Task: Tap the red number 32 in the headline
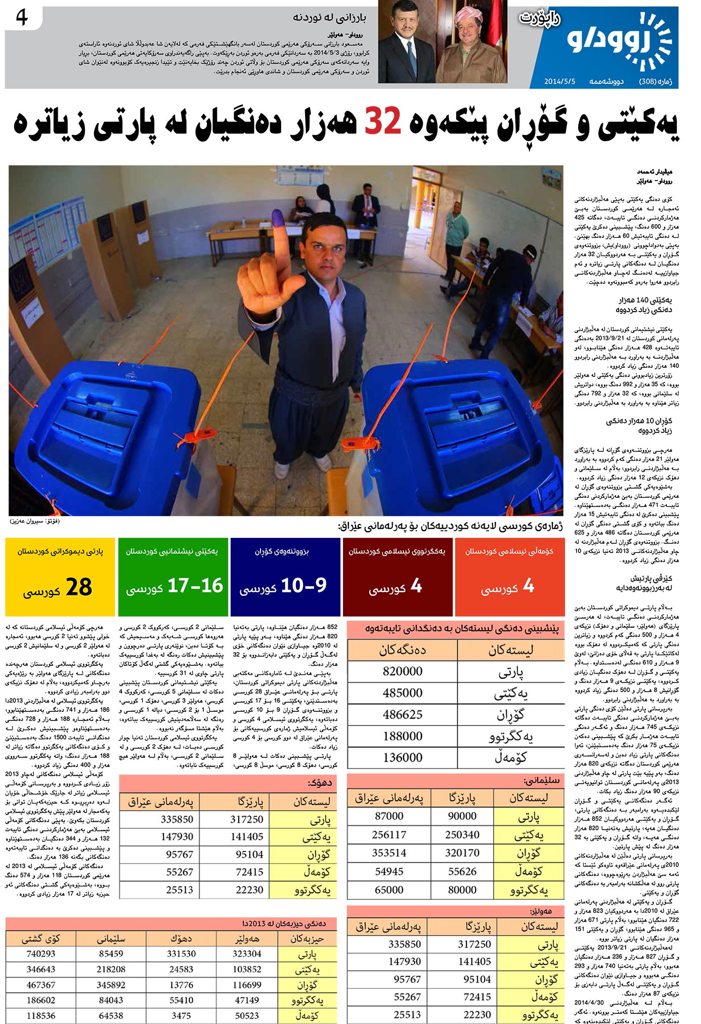point(383,122)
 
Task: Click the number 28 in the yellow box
point(79,587)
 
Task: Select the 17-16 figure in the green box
point(195,586)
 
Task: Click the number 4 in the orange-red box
point(528,586)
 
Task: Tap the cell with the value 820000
point(403,671)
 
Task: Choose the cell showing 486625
point(403,714)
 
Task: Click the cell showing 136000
point(403,757)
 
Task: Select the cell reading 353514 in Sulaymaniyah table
point(389,853)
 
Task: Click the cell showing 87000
point(389,816)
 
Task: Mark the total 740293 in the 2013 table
point(40,954)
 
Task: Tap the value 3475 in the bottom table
point(181,1015)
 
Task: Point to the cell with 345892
point(111,985)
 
